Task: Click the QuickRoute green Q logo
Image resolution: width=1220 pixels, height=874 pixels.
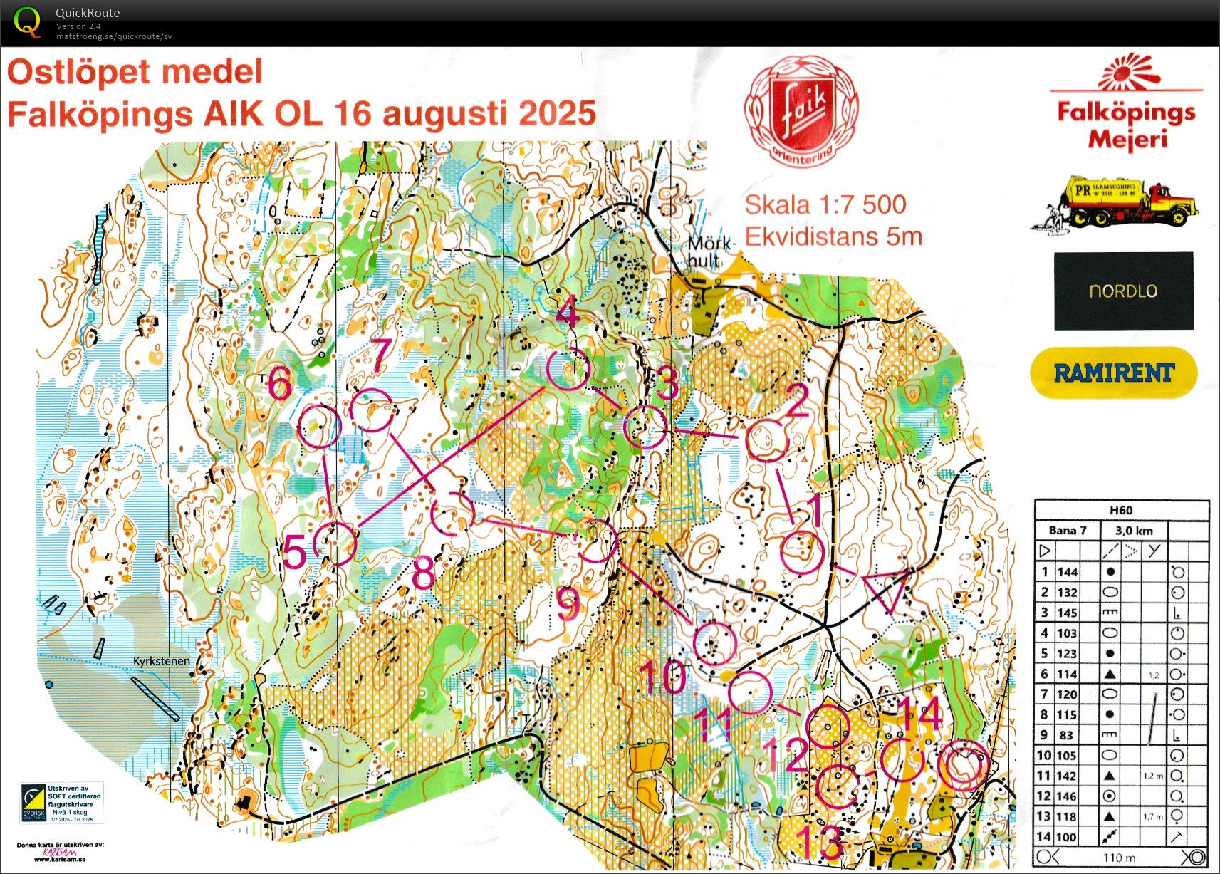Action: click(x=28, y=22)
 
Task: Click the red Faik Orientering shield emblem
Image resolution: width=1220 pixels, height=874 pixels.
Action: click(x=801, y=113)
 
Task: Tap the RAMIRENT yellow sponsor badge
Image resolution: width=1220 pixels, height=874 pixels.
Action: click(x=1113, y=373)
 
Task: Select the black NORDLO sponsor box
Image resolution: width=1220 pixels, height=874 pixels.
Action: click(x=1123, y=291)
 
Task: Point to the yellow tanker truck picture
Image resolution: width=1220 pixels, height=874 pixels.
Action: click(x=1115, y=202)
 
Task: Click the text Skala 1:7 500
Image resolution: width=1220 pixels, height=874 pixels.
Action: click(x=825, y=205)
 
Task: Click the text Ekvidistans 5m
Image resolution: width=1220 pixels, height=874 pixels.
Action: click(x=833, y=236)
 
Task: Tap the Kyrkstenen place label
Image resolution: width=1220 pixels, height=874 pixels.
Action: click(x=162, y=661)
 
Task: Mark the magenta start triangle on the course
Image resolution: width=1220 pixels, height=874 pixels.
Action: click(x=887, y=588)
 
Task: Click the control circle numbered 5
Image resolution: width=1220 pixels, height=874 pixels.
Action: click(x=335, y=543)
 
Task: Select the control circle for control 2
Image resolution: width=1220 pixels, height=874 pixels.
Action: click(x=767, y=441)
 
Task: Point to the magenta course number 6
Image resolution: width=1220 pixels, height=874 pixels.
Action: click(x=280, y=385)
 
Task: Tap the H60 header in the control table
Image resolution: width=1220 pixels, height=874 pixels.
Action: click(x=1120, y=510)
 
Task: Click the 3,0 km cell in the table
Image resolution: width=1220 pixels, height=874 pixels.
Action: click(x=1133, y=531)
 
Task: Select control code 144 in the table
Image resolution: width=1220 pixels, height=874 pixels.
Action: click(x=1067, y=572)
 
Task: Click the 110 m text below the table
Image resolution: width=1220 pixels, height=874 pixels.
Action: click(x=1118, y=858)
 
